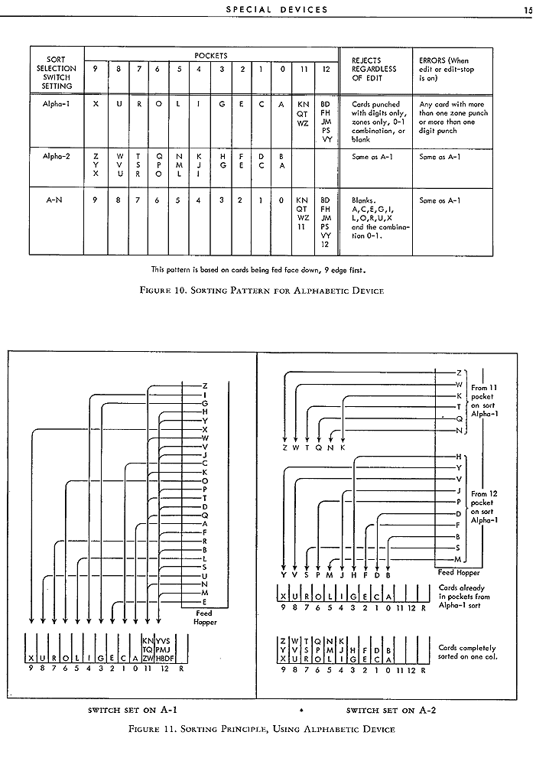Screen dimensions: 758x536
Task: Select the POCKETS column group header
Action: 210,56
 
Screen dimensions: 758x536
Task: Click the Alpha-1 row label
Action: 55,103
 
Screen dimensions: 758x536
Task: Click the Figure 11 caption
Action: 263,729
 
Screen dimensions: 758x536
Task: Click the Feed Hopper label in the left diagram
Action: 204,617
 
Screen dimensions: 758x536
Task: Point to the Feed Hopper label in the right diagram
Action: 458,572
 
